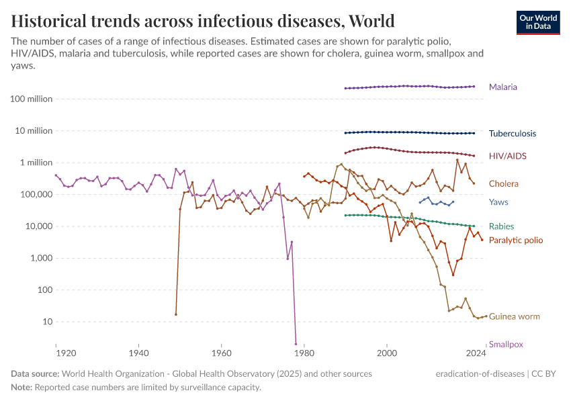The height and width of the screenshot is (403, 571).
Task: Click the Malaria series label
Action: tap(502, 87)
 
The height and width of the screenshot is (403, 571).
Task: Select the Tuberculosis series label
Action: tap(512, 134)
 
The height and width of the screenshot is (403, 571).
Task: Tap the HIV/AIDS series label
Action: tap(507, 156)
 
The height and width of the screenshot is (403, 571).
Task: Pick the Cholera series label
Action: tap(503, 183)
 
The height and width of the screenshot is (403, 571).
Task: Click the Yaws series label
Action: tap(498, 202)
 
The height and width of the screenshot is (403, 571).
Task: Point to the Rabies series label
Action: tap(502, 226)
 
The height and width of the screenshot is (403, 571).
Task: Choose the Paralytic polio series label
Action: tap(516, 240)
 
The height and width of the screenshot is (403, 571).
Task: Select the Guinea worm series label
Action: tap(514, 316)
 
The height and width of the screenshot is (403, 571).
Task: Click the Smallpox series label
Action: tap(506, 345)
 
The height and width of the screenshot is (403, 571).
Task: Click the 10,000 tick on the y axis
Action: tap(38, 226)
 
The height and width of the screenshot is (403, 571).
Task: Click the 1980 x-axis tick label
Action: tap(304, 353)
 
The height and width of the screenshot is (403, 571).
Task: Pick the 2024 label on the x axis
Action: tap(476, 353)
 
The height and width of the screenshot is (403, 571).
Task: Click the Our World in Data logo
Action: tap(538, 21)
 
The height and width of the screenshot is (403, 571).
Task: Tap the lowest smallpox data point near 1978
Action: tap(296, 344)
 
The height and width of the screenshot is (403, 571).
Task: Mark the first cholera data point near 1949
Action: tap(176, 314)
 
